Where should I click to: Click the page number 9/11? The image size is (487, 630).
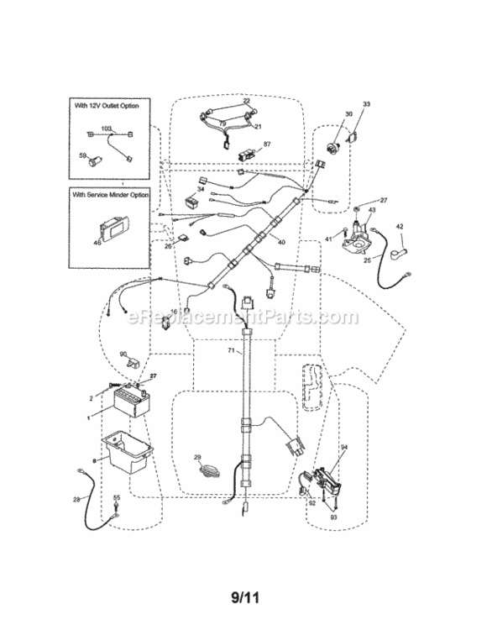[x=243, y=600]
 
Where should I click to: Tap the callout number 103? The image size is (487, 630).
[x=107, y=129]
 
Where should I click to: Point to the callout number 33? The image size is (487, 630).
[x=365, y=103]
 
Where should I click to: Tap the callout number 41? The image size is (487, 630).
[x=329, y=240]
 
